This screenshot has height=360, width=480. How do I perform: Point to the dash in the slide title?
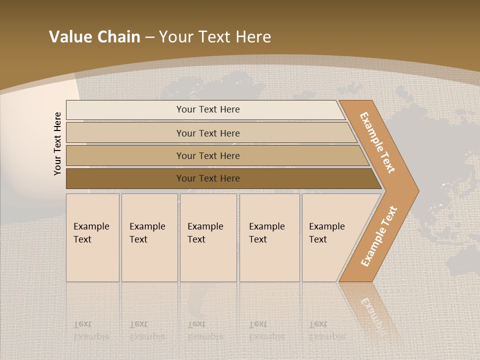pos(149,37)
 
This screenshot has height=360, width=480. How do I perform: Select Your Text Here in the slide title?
pos(215,37)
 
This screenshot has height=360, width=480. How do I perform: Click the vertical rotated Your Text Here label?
pos(57,143)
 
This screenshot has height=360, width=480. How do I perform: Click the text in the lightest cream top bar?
pos(208,109)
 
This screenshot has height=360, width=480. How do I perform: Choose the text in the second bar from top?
pos(208,133)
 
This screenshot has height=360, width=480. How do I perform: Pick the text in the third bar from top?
pos(208,156)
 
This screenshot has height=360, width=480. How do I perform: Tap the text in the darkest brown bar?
pos(208,178)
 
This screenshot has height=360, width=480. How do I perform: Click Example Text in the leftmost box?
pos(91,233)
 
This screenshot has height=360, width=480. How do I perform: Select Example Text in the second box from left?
pos(147,233)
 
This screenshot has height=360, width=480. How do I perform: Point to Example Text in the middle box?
pos(205,233)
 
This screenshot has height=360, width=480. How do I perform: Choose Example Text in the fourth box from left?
pos(266,233)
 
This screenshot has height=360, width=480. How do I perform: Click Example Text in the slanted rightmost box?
pos(326,233)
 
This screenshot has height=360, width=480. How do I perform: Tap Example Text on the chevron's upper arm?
pos(377,142)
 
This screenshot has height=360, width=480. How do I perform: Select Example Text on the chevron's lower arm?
pos(378,236)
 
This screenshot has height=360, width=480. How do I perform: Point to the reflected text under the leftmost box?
pos(91,330)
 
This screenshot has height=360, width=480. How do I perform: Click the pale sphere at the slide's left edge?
pos(30,150)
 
